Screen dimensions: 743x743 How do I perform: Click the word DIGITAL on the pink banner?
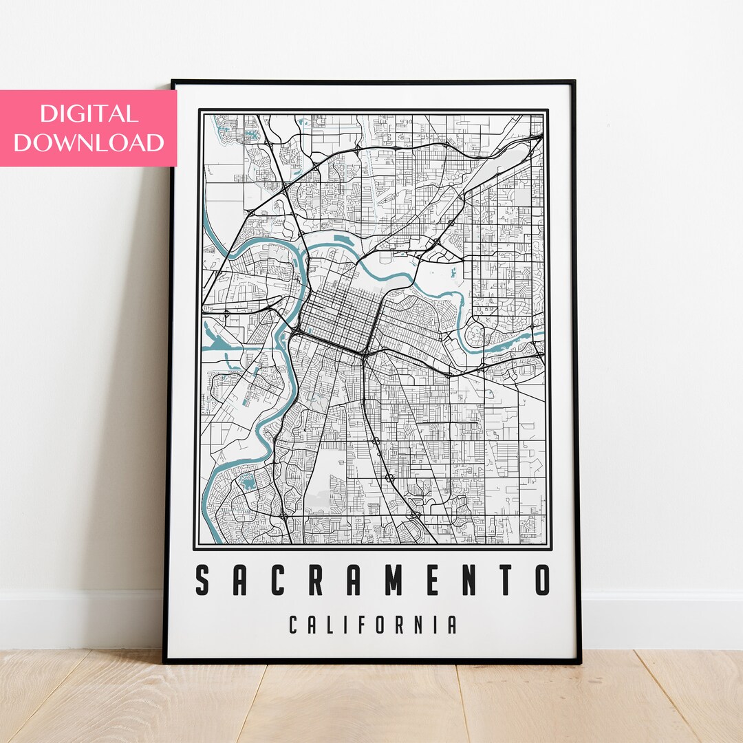[88, 114]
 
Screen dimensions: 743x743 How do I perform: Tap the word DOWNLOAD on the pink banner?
[88, 142]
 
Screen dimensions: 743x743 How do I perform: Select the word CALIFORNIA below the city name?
[372, 625]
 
